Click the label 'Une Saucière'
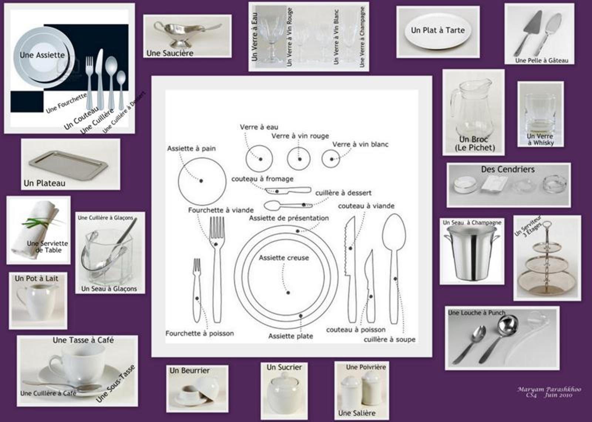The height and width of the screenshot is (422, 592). click(x=170, y=53)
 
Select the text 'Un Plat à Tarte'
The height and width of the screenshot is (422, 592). click(x=438, y=30)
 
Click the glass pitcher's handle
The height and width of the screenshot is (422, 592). click(x=454, y=103)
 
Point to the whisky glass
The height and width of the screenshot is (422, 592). click(x=540, y=113)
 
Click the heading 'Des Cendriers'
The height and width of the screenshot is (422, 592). click(x=508, y=169)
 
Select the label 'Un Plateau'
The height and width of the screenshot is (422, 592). click(x=44, y=183)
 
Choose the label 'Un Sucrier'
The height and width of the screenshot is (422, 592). click(x=284, y=367)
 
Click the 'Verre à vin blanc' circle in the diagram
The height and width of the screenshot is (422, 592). click(x=331, y=159)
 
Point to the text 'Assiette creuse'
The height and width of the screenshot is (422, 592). click(x=284, y=258)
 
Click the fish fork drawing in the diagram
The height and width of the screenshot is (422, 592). click(x=197, y=290)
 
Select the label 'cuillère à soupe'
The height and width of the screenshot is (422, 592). click(x=390, y=340)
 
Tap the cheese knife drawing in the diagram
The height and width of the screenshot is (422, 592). click(x=288, y=190)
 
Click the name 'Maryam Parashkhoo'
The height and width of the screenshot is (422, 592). click(x=549, y=389)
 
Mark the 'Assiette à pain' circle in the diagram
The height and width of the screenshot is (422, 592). click(x=202, y=181)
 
